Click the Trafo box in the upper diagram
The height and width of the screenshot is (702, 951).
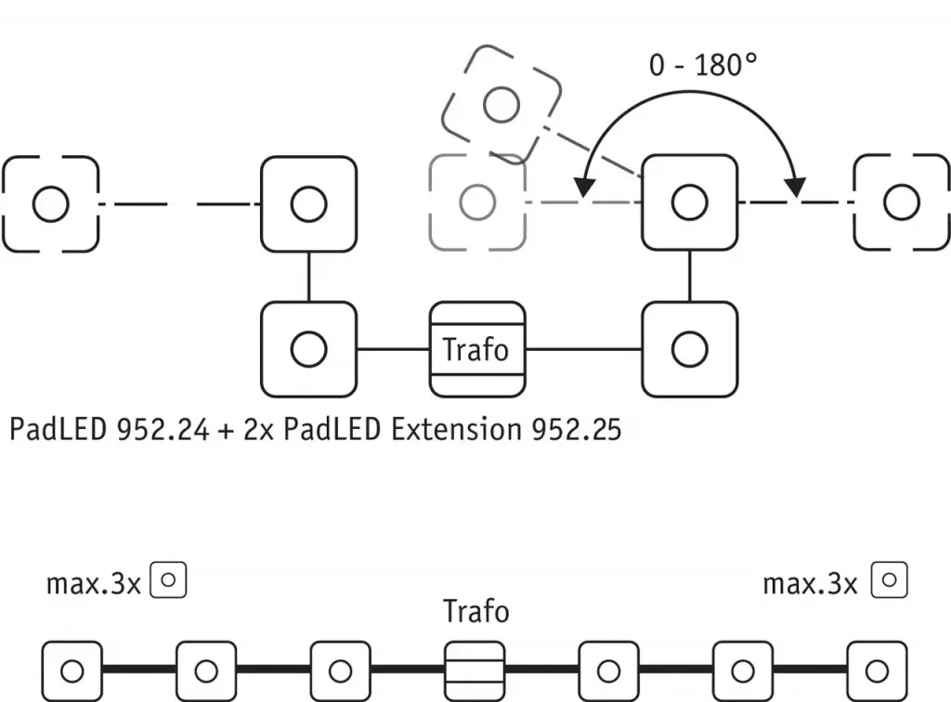tap(476, 349)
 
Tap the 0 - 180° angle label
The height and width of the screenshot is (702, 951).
tap(703, 66)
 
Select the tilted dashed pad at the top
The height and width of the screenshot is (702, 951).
tap(502, 103)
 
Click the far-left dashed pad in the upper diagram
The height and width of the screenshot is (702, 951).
tap(50, 203)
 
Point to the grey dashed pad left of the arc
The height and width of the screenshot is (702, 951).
tap(477, 203)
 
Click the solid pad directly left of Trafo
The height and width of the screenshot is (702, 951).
tap(308, 349)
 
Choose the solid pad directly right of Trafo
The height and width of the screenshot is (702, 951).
tap(689, 349)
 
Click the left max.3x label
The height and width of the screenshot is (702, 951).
tap(93, 583)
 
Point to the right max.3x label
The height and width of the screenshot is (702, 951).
tap(810, 583)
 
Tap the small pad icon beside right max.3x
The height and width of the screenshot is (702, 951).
tap(889, 580)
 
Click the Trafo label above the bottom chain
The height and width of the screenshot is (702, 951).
tap(476, 612)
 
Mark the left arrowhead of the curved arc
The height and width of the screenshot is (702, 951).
tap(582, 188)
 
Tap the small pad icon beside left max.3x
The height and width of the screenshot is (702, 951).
tap(169, 580)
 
